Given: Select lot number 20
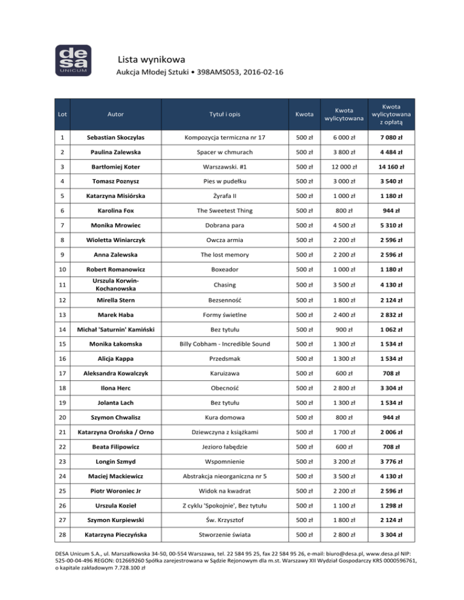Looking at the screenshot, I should click(x=63, y=416).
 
